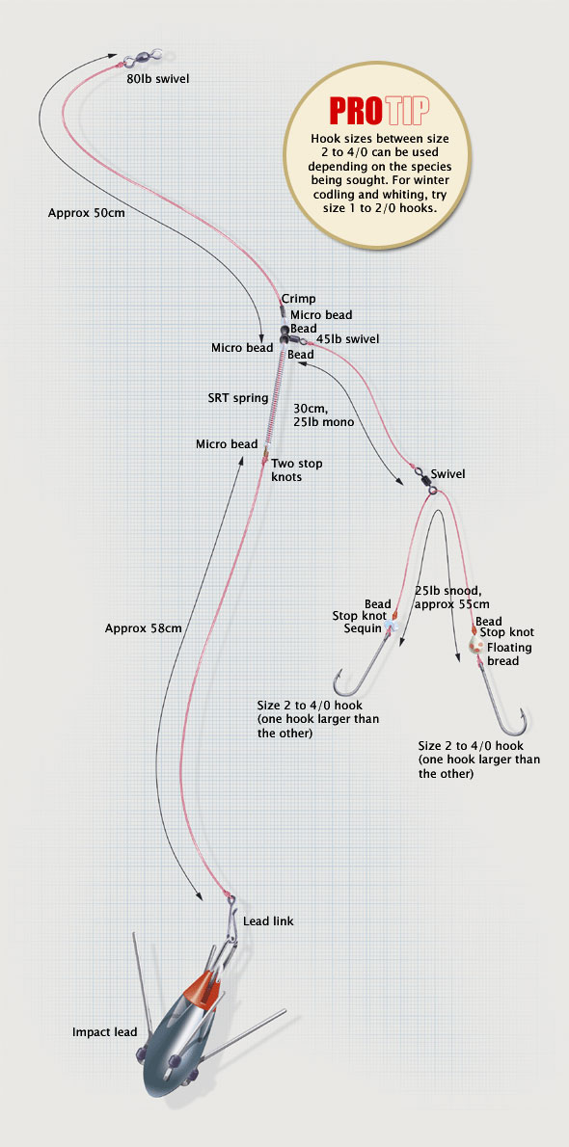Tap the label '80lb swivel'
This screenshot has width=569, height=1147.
[157, 77]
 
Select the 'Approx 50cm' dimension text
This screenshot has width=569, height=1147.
[80, 214]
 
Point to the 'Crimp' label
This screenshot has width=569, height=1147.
[298, 299]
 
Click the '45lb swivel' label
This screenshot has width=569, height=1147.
[347, 339]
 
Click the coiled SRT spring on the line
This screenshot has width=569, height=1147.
[274, 399]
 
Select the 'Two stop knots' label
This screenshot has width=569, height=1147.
[297, 468]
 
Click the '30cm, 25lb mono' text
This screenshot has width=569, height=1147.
[324, 415]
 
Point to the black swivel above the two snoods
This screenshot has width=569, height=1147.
[424, 481]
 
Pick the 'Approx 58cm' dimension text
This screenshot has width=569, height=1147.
[143, 627]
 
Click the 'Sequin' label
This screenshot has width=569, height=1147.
[363, 628]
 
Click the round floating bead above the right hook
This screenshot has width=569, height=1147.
[474, 646]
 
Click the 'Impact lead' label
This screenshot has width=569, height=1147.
[105, 1032]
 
